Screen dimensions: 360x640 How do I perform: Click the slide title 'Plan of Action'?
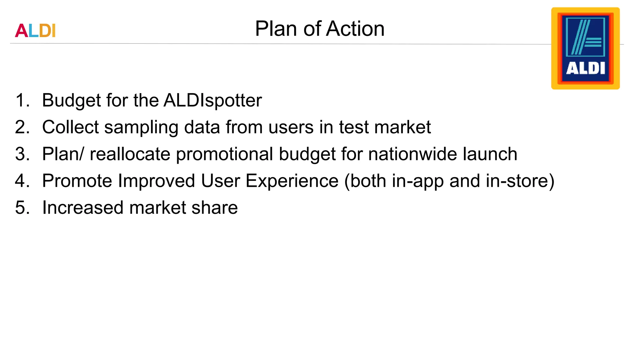(x=319, y=29)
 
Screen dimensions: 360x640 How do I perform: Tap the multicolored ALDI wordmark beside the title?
(x=35, y=31)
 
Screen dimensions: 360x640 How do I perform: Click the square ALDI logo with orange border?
(x=585, y=48)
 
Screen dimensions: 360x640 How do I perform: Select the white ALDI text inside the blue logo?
(x=585, y=68)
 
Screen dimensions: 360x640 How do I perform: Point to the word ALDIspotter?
(x=212, y=101)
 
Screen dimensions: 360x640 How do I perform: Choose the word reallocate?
(x=130, y=154)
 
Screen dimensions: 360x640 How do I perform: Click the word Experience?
(x=292, y=181)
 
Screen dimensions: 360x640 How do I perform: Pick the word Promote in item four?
(x=77, y=181)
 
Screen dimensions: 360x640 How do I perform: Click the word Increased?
(x=83, y=208)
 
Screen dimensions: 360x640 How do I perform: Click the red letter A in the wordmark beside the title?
(x=21, y=31)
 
